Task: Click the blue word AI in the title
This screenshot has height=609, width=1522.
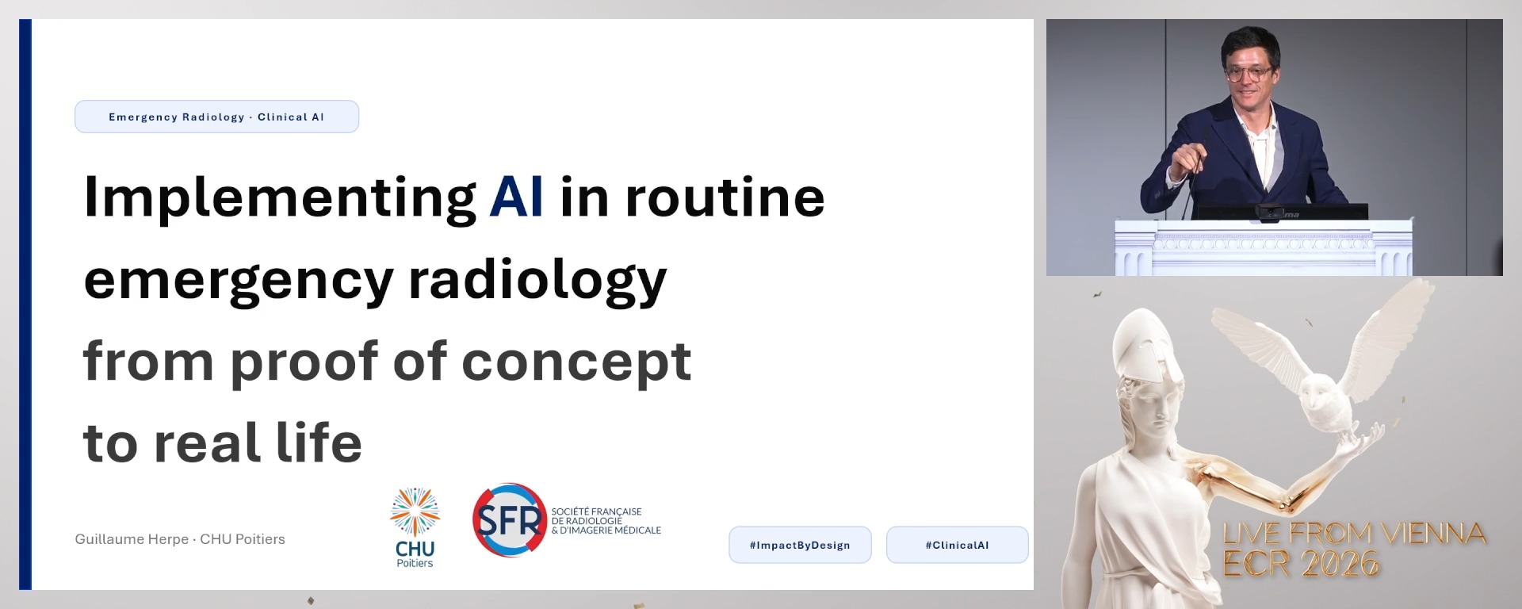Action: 516,197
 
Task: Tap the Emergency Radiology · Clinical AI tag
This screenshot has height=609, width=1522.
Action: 216,117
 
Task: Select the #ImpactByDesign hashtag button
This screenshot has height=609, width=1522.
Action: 800,545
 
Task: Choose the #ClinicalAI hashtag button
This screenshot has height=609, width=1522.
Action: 957,545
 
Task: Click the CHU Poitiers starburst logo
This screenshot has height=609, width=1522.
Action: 415,513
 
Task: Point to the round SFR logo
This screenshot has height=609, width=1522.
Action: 510,520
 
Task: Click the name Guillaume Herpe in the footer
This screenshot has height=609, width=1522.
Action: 132,539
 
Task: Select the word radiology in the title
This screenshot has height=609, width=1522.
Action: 537,282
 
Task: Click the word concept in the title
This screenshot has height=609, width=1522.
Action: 576,362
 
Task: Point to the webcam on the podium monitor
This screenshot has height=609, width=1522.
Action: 1269,212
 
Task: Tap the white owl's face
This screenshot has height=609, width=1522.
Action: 1319,393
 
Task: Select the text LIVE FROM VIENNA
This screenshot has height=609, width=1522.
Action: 1354,534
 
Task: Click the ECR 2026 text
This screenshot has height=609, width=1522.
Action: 1301,564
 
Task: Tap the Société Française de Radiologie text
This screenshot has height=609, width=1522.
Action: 606,521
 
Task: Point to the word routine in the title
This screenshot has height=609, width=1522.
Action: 725,197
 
